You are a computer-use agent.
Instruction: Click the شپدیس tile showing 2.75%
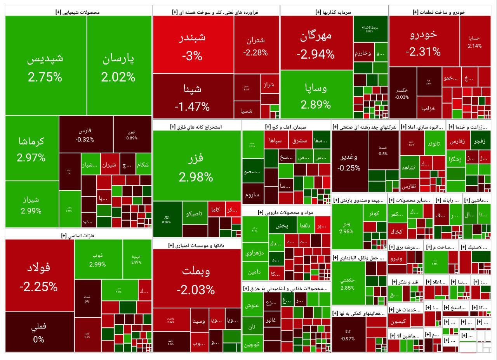(x=45, y=66)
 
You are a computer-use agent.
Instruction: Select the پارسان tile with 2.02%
(x=118, y=66)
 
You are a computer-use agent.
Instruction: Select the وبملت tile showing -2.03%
(x=196, y=280)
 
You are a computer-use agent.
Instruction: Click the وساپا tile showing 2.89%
(x=316, y=95)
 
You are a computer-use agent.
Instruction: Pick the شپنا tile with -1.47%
(x=193, y=96)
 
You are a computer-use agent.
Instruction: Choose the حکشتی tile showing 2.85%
(x=348, y=283)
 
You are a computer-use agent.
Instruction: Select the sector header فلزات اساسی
(x=78, y=235)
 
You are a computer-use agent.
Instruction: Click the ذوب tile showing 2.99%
(x=98, y=259)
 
